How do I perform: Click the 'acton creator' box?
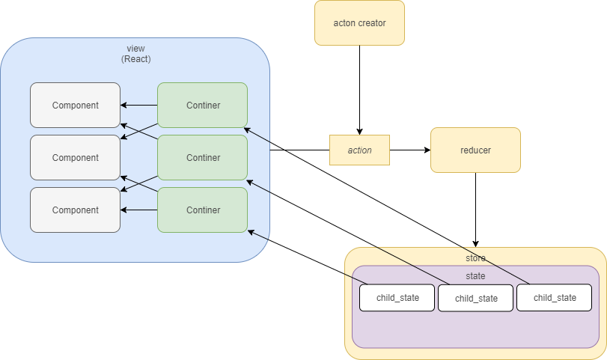[359, 22]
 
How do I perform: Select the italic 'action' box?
[360, 150]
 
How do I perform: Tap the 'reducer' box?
[475, 150]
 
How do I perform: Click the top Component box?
[75, 106]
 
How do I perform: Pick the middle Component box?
[75, 158]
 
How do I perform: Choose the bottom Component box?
[75, 210]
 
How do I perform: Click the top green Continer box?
[203, 106]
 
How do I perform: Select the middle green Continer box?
[203, 158]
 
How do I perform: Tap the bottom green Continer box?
[203, 210]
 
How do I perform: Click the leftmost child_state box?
[397, 298]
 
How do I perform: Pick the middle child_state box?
[476, 299]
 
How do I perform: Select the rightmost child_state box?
[555, 298]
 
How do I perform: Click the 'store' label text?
[475, 258]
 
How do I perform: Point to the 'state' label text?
[475, 276]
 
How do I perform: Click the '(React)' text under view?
[135, 59]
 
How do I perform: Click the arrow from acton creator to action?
[360, 90]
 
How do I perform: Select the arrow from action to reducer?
[410, 150]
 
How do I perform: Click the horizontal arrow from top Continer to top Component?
[138, 106]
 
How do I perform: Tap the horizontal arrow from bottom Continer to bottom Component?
[138, 210]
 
